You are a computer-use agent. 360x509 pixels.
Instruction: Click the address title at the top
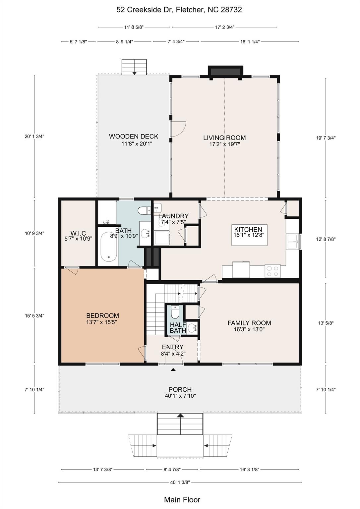pos(179,10)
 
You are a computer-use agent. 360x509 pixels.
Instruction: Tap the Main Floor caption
pos(182,500)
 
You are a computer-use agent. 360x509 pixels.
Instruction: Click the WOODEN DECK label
pos(133,136)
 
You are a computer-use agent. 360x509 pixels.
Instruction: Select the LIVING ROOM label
pos(224,138)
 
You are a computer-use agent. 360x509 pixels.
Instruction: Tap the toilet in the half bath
pos(175,312)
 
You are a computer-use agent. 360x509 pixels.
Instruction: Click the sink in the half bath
pos(193,328)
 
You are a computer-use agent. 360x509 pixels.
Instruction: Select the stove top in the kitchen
pos(272,271)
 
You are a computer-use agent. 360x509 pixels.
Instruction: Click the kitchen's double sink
pos(293,241)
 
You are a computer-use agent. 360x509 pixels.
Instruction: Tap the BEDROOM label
pos(102,315)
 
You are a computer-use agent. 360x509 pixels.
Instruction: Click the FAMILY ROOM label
pos(249,323)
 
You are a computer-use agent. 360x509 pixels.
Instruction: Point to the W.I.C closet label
pos(78,233)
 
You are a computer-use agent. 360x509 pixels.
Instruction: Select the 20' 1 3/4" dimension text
pos(34,137)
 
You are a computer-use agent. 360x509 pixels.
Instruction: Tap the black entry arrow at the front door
pos(173,370)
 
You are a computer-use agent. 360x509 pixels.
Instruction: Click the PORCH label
pos(180,389)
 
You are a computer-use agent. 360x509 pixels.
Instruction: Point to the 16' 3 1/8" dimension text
pos(249,470)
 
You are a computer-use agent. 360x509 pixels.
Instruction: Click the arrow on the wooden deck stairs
pos(134,73)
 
